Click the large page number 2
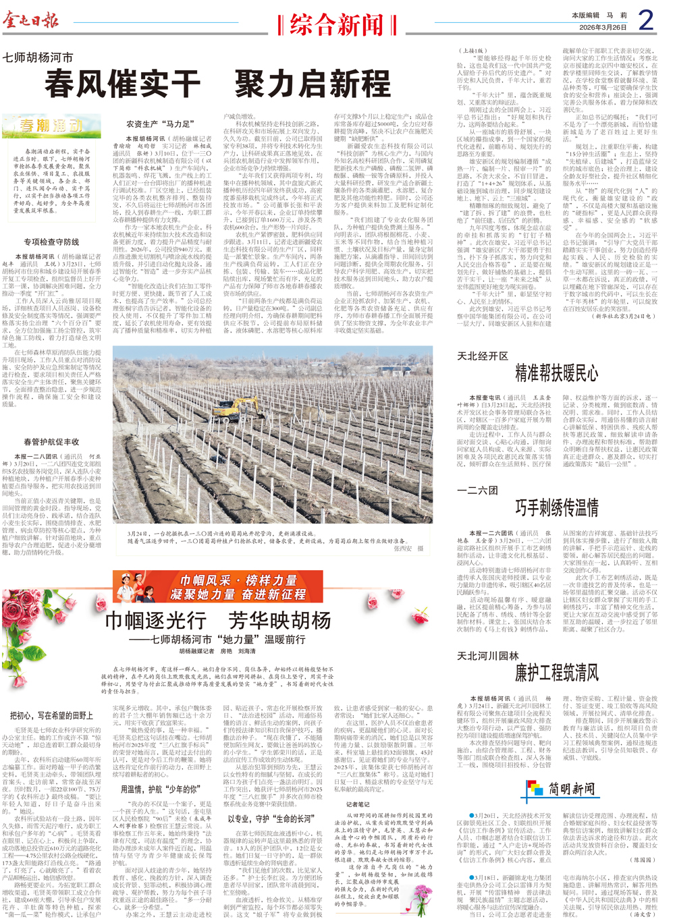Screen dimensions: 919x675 click(x=645, y=21)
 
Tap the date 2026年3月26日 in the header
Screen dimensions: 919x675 click(x=603, y=28)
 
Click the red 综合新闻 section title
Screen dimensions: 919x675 click(x=336, y=26)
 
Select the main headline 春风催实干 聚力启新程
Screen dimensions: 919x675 click(x=217, y=84)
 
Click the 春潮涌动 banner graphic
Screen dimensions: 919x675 click(x=51, y=126)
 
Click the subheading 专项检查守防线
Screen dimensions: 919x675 click(x=51, y=242)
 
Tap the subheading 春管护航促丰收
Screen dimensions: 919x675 click(x=51, y=442)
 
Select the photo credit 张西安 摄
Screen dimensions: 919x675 click(x=409, y=549)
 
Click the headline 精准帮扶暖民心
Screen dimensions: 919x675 click(x=556, y=373)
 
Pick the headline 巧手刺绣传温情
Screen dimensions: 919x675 click(x=557, y=508)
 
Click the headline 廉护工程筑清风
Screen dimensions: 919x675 click(x=557, y=673)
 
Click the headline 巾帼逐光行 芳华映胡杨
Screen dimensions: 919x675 click(x=217, y=621)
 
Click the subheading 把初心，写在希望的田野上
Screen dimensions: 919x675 click(x=51, y=715)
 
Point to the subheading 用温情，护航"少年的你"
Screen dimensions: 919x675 click(x=160, y=789)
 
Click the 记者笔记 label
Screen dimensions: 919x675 click(x=358, y=804)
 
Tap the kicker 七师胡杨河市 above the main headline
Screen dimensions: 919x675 click(x=38, y=58)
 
